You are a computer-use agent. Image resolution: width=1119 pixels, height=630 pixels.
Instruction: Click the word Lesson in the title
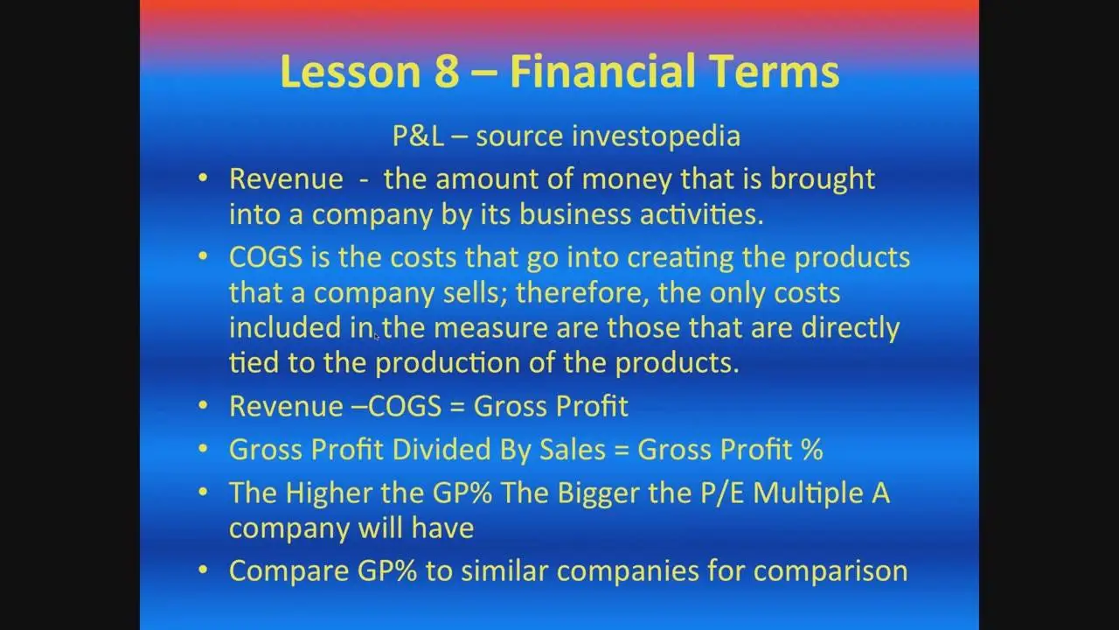click(x=351, y=72)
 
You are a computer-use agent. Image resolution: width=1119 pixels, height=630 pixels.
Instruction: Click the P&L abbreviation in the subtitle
click(x=418, y=136)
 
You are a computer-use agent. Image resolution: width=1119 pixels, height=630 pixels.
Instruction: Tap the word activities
click(x=701, y=214)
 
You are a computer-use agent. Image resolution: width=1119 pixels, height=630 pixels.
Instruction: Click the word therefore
click(x=581, y=292)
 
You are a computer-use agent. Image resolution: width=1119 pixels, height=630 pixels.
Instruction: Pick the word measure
click(x=490, y=328)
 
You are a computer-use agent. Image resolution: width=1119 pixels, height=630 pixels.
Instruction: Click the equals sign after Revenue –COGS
click(x=457, y=407)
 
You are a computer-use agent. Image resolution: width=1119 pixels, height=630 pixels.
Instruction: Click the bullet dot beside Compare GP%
click(x=203, y=570)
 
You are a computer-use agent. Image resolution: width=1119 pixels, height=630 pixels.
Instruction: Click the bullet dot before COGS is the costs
click(x=203, y=256)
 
